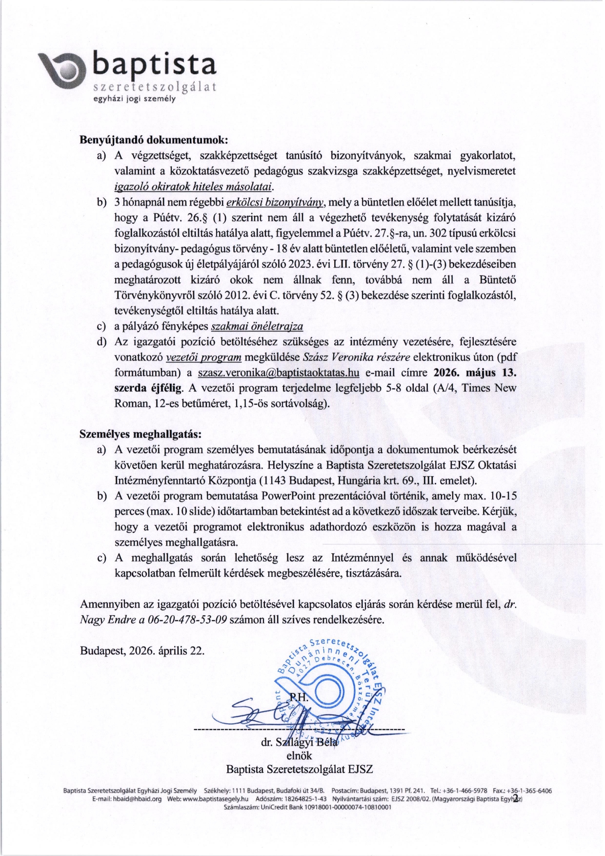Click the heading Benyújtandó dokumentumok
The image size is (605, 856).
(x=154, y=139)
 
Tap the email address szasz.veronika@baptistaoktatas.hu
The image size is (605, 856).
(x=279, y=373)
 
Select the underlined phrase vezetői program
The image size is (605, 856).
(x=204, y=357)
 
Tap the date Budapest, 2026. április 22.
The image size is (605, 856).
(x=142, y=651)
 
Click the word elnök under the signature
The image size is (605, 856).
(x=299, y=756)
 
